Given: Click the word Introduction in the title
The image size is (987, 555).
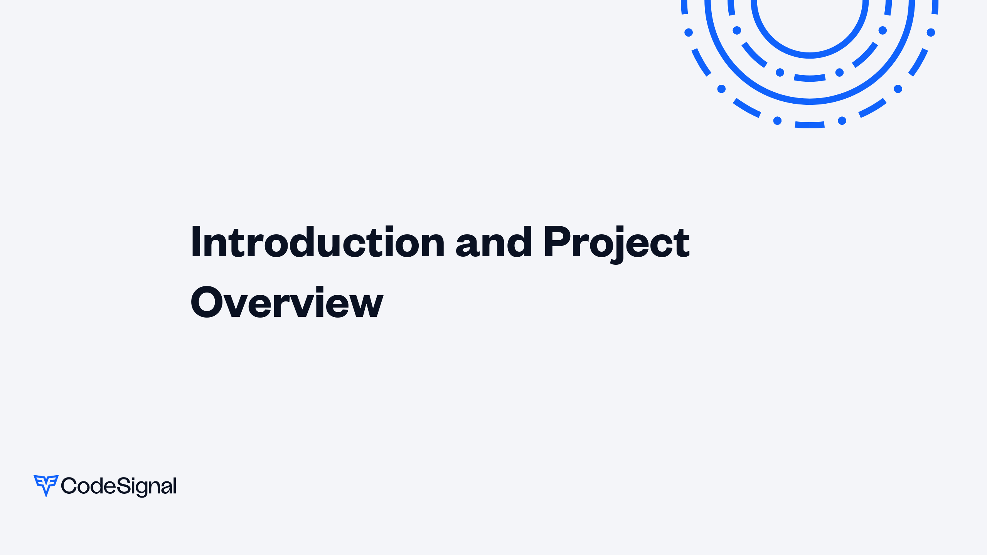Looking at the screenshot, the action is pos(318,242).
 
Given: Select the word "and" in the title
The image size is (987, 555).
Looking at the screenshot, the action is pos(494,242).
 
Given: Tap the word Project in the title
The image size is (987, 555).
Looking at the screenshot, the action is pos(616,244).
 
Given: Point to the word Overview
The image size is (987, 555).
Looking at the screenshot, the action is pos(287,302).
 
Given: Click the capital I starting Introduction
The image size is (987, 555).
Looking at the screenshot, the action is pos(196,242).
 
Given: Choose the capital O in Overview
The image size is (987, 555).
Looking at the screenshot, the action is pos(207,302).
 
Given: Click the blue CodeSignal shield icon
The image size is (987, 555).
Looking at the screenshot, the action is pos(46,486).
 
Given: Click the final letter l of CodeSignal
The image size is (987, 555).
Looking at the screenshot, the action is pos(175,485).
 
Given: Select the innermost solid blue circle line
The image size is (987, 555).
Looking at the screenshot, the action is pos(810,55).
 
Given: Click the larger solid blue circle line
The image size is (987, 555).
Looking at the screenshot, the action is pos(810,101).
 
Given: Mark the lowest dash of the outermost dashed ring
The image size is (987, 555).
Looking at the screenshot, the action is pos(810,125).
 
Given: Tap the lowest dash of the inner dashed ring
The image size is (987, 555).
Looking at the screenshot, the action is pos(810,78).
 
